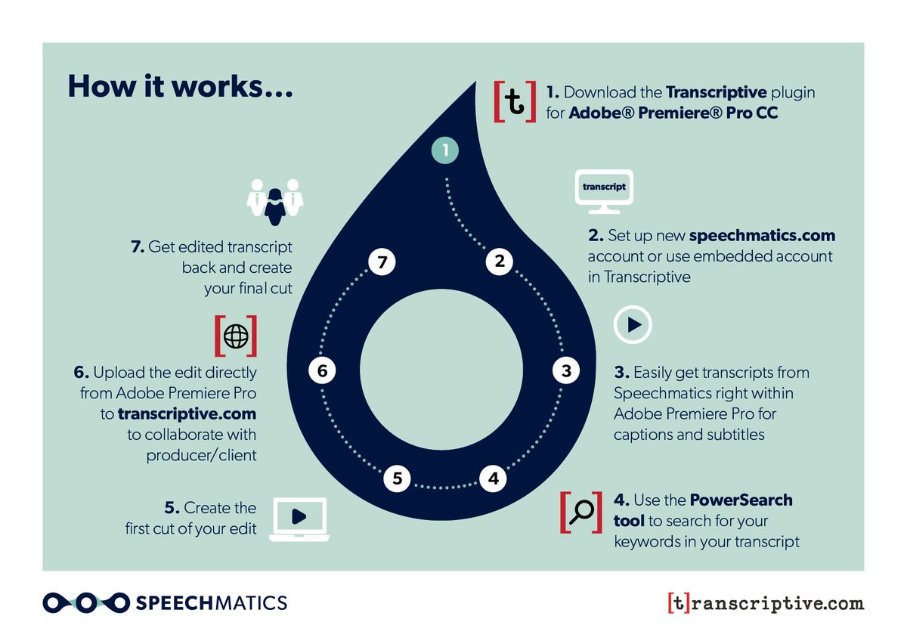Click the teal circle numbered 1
[445, 150]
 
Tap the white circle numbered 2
[499, 262]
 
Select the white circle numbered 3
[565, 370]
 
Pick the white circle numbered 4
[493, 478]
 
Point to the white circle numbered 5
[397, 478]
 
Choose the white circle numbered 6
[323, 370]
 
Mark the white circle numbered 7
[382, 262]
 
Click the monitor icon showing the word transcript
[605, 189]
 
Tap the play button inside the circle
[633, 325]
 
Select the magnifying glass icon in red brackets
[581, 512]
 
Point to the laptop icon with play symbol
[299, 519]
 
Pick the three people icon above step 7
[274, 200]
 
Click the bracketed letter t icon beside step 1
[515, 101]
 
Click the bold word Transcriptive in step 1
[716, 92]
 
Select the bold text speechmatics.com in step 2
[762, 235]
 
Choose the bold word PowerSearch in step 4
[741, 500]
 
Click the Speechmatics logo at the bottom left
[165, 602]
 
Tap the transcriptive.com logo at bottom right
[765, 603]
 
